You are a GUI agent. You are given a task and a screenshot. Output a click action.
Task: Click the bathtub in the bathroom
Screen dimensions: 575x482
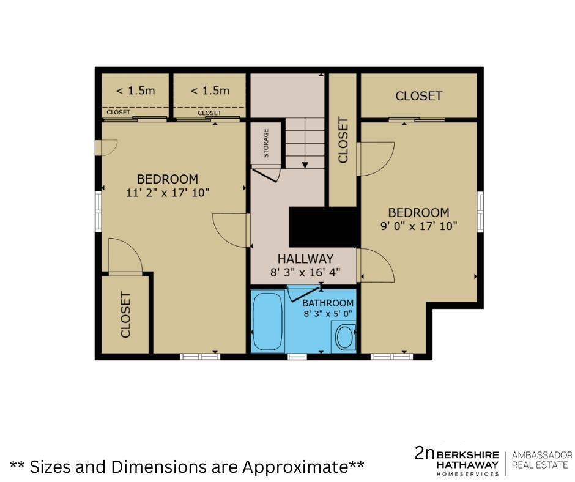click(268, 321)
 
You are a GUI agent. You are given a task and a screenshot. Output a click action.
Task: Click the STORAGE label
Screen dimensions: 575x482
click(266, 143)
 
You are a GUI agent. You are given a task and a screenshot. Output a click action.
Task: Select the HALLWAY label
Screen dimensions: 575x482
click(305, 259)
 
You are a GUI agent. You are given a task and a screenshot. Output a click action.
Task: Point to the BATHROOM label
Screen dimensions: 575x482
click(328, 303)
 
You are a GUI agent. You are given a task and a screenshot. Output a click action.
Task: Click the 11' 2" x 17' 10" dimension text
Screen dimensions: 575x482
click(168, 193)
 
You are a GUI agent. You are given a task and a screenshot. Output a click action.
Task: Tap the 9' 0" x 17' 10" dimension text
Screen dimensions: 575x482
click(419, 226)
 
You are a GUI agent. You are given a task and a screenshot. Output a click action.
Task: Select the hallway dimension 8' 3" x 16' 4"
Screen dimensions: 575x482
click(305, 273)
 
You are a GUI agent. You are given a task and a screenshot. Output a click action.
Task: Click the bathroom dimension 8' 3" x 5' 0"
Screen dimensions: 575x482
click(328, 314)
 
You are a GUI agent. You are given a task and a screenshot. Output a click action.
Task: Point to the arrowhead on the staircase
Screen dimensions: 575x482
click(305, 165)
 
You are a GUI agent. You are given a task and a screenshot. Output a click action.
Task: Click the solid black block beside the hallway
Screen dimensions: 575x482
click(323, 227)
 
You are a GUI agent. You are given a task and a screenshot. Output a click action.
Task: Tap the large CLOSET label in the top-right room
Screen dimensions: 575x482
click(419, 96)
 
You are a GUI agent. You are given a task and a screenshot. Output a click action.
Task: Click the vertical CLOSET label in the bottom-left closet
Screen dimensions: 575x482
click(125, 315)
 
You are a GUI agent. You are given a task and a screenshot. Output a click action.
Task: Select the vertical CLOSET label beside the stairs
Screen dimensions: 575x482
click(343, 139)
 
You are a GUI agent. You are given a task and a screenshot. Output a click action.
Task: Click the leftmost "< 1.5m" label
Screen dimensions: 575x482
click(136, 91)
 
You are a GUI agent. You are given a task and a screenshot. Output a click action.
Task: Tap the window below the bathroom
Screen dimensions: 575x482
click(297, 356)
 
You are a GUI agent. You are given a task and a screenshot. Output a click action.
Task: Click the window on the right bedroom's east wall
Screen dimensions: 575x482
click(480, 212)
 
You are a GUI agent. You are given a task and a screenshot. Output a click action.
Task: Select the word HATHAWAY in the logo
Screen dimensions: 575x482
click(467, 464)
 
